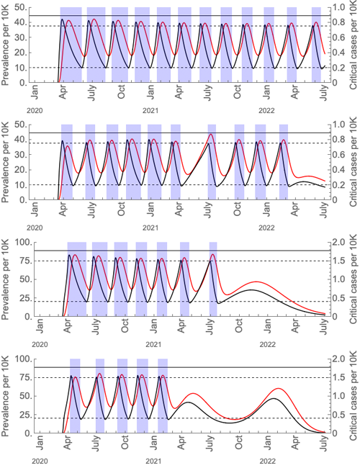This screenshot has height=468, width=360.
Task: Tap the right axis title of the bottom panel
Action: point(354,396)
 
